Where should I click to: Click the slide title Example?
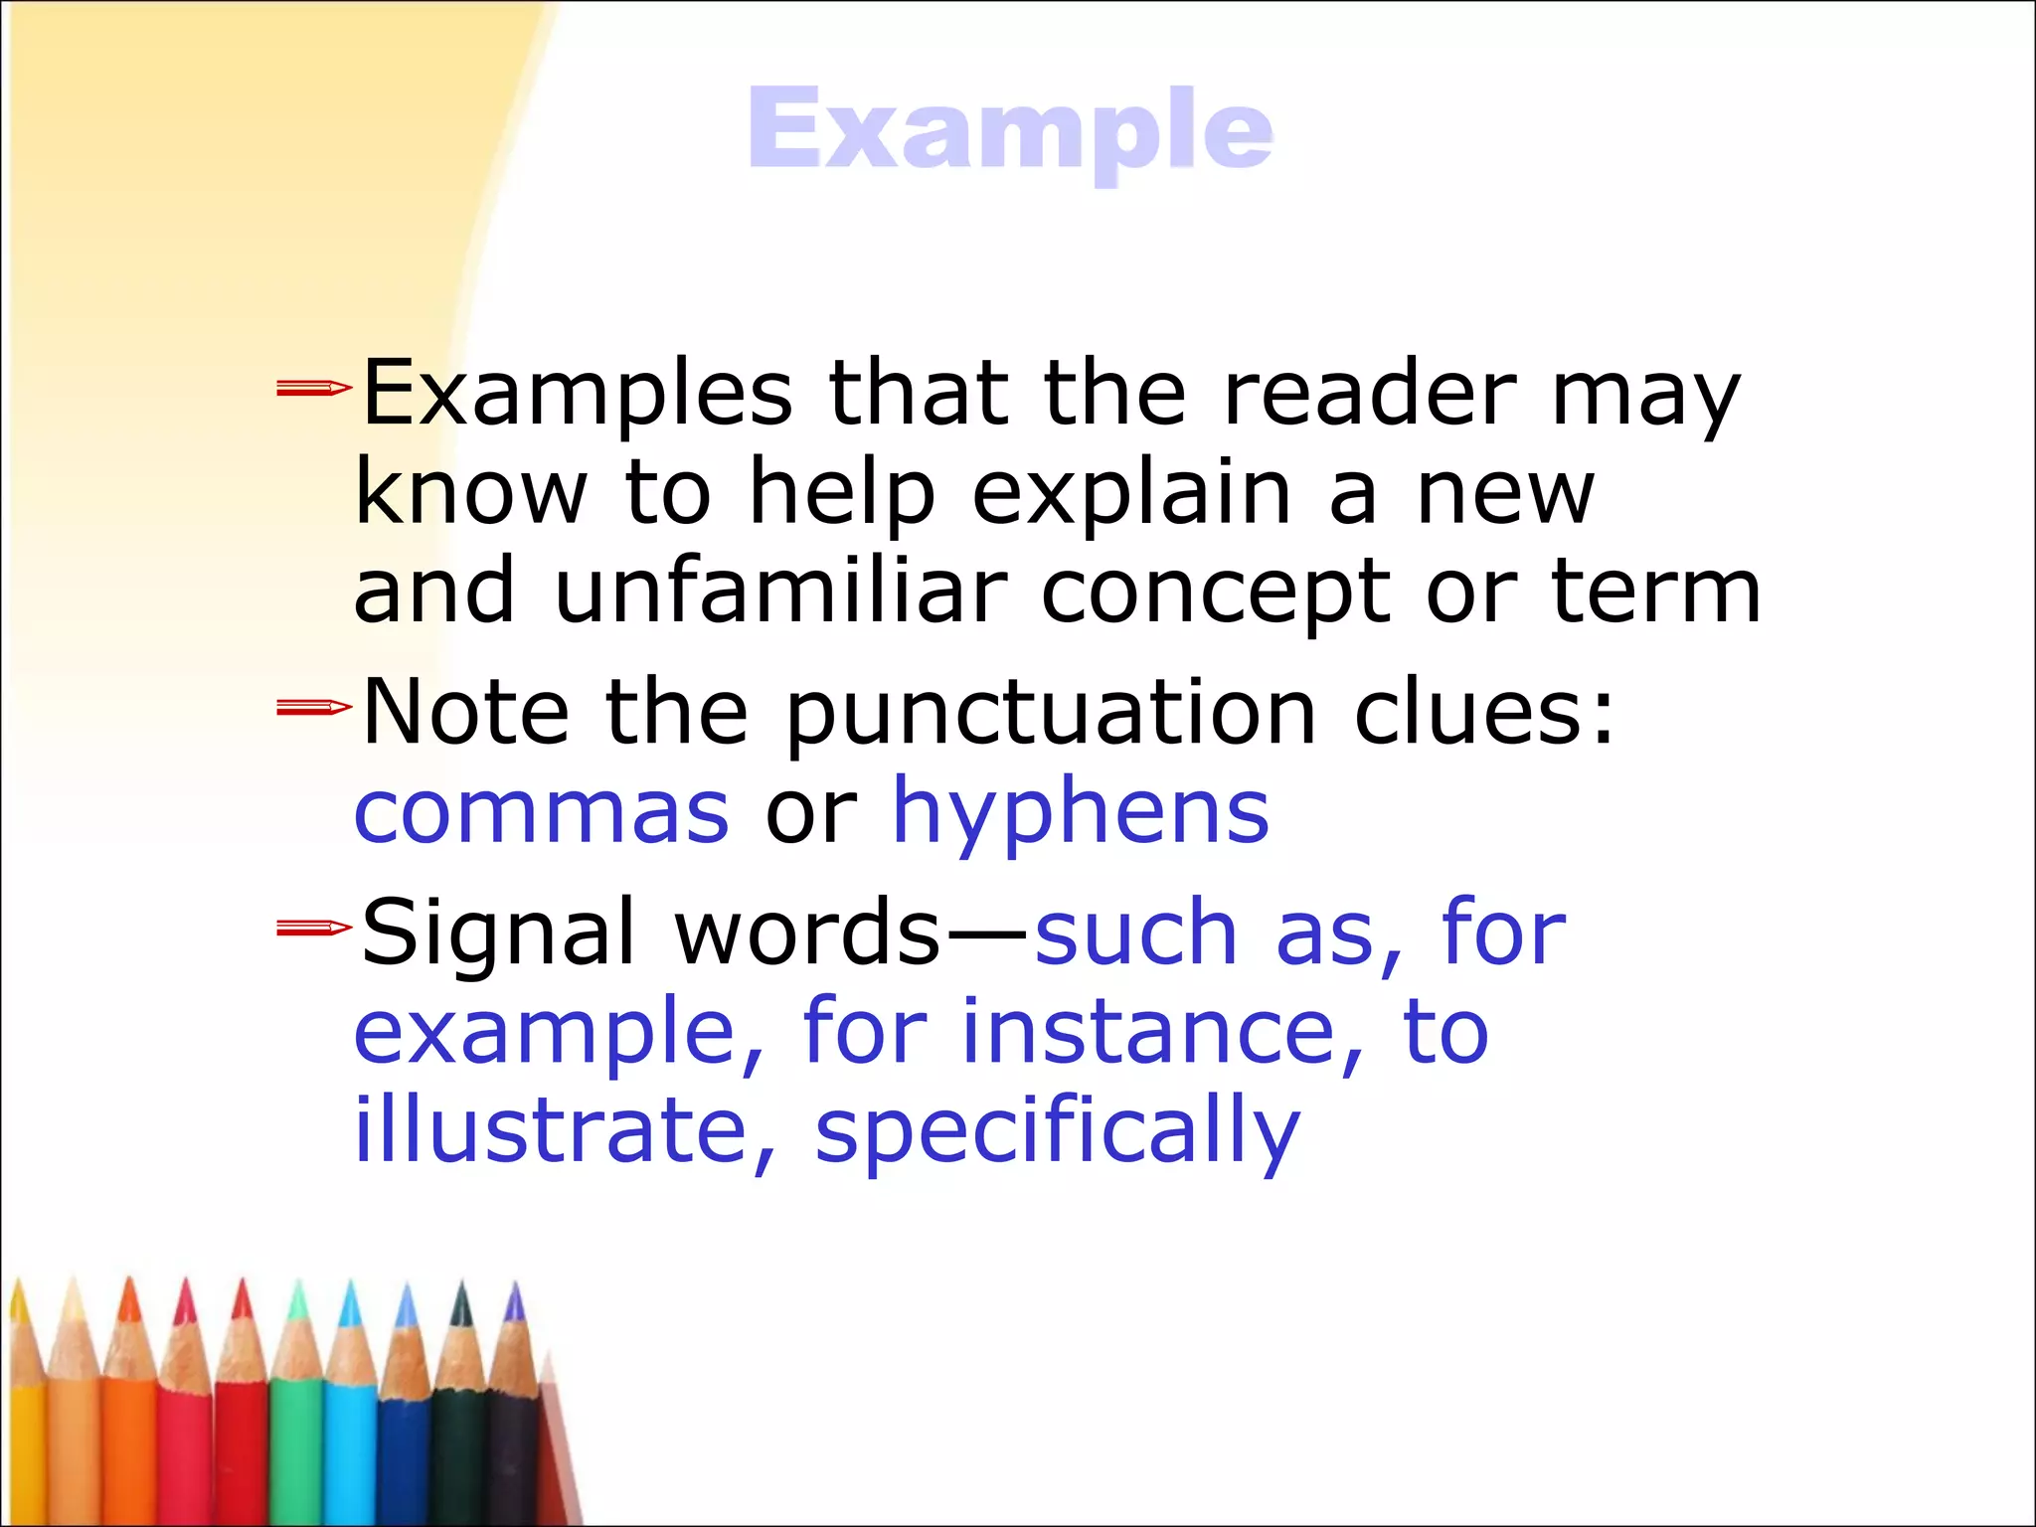(x=1009, y=129)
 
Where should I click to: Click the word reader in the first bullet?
(x=1369, y=394)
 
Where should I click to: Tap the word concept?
(x=1214, y=594)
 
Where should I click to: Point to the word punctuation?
(x=1052, y=714)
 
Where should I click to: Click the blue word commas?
(x=542, y=812)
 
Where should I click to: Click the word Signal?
(x=498, y=934)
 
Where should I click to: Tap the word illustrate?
(x=552, y=1130)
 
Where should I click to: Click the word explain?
(x=1131, y=494)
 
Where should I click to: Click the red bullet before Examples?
(x=313, y=388)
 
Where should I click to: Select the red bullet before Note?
(x=313, y=708)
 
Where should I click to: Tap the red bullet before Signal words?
(x=313, y=929)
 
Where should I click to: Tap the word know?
(x=471, y=493)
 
